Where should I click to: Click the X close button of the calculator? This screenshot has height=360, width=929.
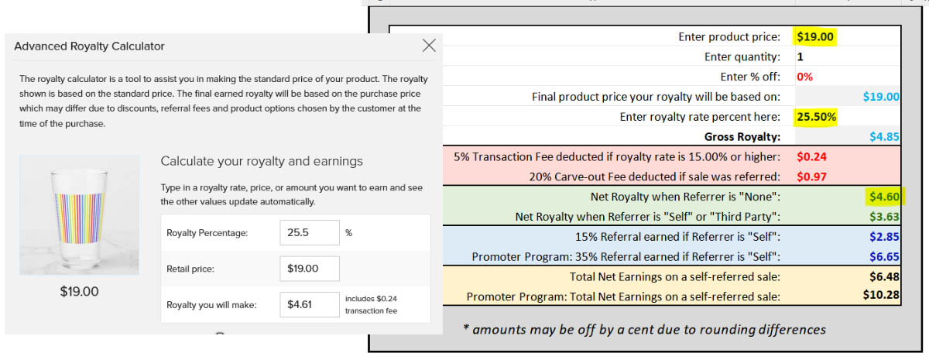429,45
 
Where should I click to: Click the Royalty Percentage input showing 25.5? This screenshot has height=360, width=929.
310,233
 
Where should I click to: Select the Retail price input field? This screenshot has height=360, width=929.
310,269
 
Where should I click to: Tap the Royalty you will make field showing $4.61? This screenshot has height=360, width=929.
310,304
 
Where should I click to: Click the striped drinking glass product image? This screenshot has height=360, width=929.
79,215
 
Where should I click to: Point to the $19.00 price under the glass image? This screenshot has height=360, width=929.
79,292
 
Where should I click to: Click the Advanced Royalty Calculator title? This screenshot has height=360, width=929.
89,46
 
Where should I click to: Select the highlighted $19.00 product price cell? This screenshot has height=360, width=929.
815,36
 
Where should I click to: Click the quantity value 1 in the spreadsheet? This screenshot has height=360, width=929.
800,57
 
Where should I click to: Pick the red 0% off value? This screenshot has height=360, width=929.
804,77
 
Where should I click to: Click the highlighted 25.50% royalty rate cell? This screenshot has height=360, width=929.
816,117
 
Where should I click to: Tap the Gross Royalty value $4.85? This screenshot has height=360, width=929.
884,137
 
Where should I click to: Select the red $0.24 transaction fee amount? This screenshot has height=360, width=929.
811,156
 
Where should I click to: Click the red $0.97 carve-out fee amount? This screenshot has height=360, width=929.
811,177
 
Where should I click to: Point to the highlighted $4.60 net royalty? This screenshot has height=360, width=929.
884,197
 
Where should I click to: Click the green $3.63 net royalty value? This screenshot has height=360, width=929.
884,217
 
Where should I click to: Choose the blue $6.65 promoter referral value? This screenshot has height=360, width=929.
884,257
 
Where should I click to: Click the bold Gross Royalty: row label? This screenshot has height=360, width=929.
742,137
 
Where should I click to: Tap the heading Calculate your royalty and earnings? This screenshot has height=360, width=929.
262,161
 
